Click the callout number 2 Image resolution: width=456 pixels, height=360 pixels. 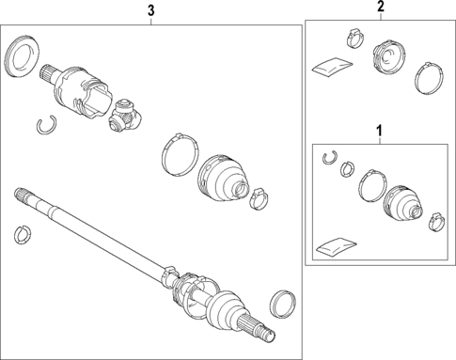(x=381, y=8)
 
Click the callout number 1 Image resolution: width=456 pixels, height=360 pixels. (x=380, y=129)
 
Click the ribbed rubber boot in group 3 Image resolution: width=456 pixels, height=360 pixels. (x=222, y=176)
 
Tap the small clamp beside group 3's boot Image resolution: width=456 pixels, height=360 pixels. (x=259, y=198)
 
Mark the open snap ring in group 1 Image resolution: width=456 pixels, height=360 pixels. (x=329, y=158)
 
